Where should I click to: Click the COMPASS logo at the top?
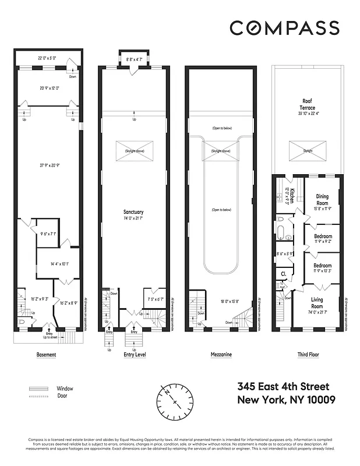click(284, 27)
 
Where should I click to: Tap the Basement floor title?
click(46, 354)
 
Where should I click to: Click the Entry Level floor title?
click(135, 354)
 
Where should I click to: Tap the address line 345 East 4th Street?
click(283, 387)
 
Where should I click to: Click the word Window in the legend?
click(65, 388)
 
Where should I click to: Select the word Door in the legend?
click(62, 396)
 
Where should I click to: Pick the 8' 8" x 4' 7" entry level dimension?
click(134, 59)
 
